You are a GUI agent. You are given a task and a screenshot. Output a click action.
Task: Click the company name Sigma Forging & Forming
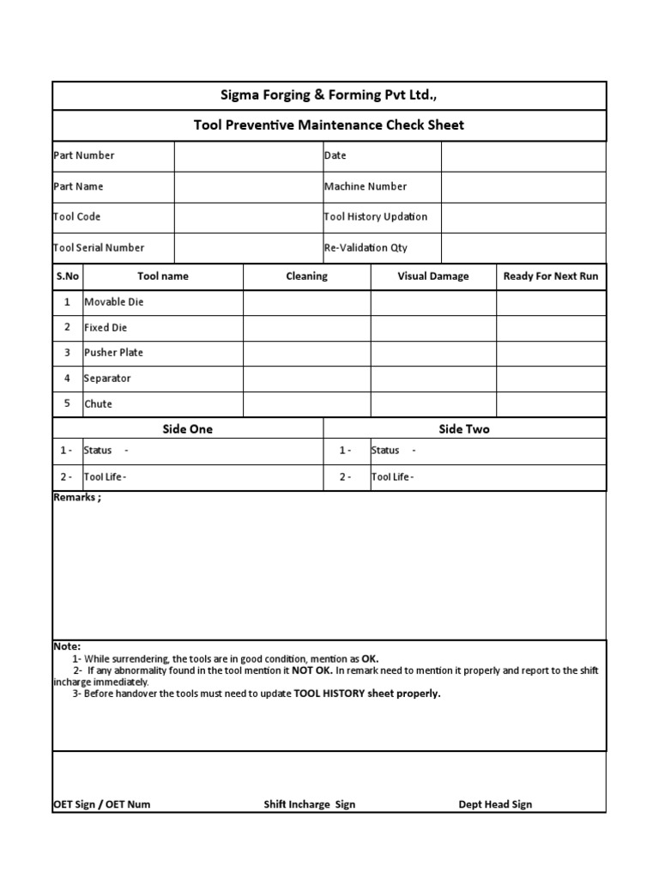(x=329, y=95)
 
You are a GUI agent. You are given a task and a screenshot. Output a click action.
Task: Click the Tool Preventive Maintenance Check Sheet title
(x=329, y=125)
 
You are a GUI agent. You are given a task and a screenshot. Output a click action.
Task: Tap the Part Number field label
(x=84, y=155)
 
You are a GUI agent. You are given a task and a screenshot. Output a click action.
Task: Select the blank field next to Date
(x=523, y=156)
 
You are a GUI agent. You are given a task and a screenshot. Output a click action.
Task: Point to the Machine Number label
(x=366, y=186)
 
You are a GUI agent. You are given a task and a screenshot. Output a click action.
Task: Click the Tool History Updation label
(x=376, y=217)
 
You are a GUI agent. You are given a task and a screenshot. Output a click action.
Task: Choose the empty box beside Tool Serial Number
(x=247, y=248)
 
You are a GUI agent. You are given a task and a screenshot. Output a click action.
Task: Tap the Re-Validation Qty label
(x=366, y=248)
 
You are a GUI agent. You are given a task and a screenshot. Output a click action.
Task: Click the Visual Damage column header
(x=433, y=276)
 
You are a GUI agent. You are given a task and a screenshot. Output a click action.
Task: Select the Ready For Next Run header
(x=551, y=276)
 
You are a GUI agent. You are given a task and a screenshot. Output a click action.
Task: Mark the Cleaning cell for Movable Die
(x=307, y=302)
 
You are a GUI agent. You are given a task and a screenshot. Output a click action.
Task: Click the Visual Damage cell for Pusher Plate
(x=433, y=353)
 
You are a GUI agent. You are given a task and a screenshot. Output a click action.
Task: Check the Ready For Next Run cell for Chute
(x=551, y=404)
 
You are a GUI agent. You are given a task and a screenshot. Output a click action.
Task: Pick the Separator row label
(x=107, y=379)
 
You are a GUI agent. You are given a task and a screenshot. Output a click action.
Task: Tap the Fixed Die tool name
(x=106, y=328)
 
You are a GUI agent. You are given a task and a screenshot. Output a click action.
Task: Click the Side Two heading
(x=464, y=429)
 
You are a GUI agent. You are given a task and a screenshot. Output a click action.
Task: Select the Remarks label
(x=77, y=498)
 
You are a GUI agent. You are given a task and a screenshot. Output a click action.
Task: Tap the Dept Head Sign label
(x=495, y=804)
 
